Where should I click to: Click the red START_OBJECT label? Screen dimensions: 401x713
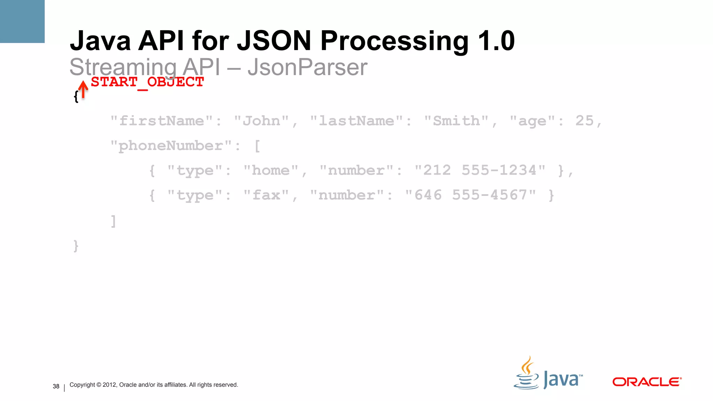[147, 82]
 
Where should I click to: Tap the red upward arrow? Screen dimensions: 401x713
[83, 89]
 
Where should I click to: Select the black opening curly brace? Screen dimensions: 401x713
[76, 97]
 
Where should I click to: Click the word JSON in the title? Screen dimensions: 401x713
[274, 41]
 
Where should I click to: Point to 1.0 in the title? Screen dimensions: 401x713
[496, 41]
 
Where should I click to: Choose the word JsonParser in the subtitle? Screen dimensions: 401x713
[307, 67]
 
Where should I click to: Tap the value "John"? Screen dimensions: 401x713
[261, 121]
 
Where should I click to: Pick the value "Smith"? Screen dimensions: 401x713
[456, 121]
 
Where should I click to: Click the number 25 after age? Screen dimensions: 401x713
[585, 121]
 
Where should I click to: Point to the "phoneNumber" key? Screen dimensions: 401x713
[171, 146]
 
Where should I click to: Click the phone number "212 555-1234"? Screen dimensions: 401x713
[480, 171]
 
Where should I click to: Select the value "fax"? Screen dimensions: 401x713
[266, 195]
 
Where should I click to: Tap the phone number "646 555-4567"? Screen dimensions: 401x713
[470, 195]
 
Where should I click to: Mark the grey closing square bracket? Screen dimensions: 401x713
[113, 221]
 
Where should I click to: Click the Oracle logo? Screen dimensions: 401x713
[647, 382]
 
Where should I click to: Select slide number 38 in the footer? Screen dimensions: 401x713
[56, 386]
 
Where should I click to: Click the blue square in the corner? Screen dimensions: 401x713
[22, 21]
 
